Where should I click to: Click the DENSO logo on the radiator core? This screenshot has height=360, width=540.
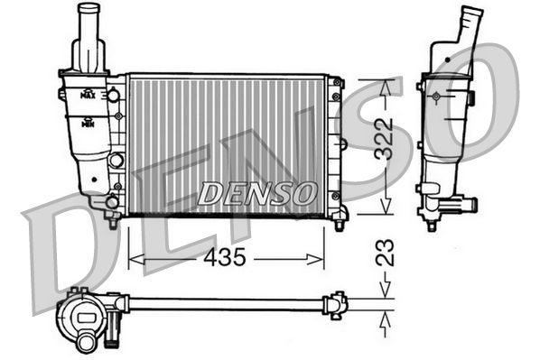click(x=257, y=192)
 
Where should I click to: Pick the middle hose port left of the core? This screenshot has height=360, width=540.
click(x=115, y=161)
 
